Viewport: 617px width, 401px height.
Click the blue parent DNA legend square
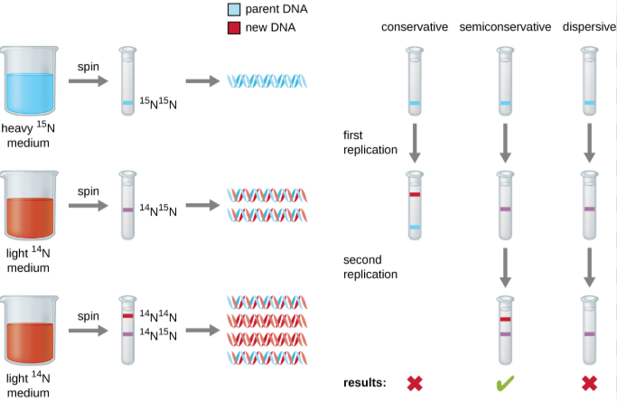pyautogui.click(x=233, y=10)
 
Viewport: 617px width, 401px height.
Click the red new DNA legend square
pyautogui.click(x=233, y=27)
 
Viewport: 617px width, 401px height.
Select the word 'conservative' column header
pyautogui.click(x=415, y=27)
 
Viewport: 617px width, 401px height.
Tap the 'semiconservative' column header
pyautogui.click(x=505, y=27)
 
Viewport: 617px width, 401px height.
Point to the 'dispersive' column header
pyautogui.click(x=589, y=27)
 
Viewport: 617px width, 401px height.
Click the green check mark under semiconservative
pyautogui.click(x=505, y=382)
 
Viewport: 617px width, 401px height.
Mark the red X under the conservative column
pyautogui.click(x=415, y=382)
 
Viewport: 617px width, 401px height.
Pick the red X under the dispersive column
pyautogui.click(x=589, y=382)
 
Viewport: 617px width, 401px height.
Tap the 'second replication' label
pyautogui.click(x=370, y=266)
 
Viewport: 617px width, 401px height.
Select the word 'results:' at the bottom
pyautogui.click(x=365, y=383)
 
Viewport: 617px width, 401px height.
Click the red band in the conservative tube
pyautogui.click(x=415, y=194)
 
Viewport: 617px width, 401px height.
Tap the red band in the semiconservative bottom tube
pyautogui.click(x=505, y=319)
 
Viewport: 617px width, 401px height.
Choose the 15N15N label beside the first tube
pyautogui.click(x=159, y=104)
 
